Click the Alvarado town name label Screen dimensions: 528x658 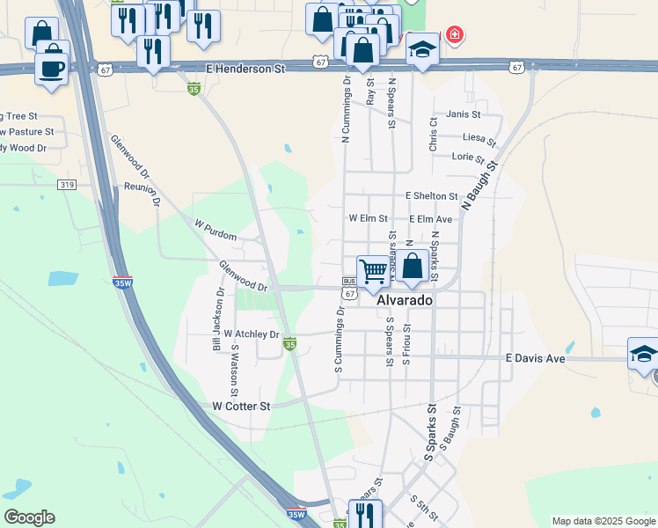click(x=405, y=300)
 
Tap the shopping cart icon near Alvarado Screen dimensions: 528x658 click(x=373, y=271)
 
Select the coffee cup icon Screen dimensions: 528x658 click(x=52, y=67)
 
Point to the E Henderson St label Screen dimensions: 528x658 click(x=246, y=68)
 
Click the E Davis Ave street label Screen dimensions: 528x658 click(x=534, y=359)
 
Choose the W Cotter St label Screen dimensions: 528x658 click(x=241, y=406)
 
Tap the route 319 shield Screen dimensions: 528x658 click(x=66, y=184)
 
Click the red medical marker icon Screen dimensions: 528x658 click(x=454, y=36)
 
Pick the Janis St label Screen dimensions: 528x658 click(x=464, y=114)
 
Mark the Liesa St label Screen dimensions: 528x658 click(x=479, y=138)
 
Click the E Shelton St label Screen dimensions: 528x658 click(x=431, y=196)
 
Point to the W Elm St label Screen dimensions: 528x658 click(x=368, y=217)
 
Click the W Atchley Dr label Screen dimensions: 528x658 click(x=251, y=334)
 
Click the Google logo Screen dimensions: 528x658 click(x=29, y=517)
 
